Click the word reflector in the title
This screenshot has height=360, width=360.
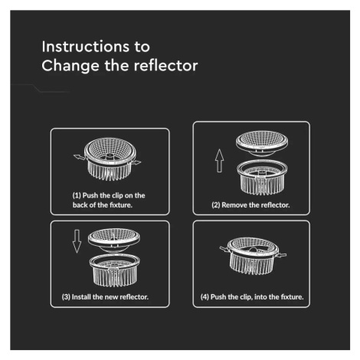click(166, 66)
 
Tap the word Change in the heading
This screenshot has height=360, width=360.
click(70, 67)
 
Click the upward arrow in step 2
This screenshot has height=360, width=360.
click(219, 161)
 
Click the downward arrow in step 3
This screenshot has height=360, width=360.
click(77, 241)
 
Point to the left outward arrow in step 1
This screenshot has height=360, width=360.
click(79, 157)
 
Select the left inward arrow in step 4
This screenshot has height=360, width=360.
click(224, 248)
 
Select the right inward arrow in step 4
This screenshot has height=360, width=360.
click(282, 255)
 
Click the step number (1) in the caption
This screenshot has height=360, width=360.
click(77, 195)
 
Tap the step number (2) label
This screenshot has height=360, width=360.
click(216, 205)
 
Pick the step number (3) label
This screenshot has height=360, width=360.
click(66, 297)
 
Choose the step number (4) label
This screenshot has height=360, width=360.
click(205, 297)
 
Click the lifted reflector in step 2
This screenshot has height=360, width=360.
click(262, 142)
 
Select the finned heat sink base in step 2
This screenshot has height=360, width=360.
click(262, 177)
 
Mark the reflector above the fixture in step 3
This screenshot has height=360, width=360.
click(114, 241)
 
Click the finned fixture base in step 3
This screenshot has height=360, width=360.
click(115, 270)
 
